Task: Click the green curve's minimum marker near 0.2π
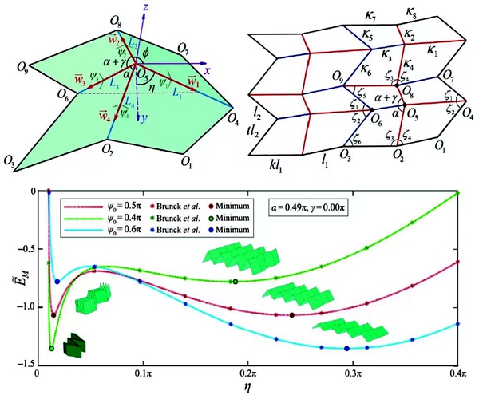click(x=235, y=281)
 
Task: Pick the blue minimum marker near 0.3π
click(x=346, y=348)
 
